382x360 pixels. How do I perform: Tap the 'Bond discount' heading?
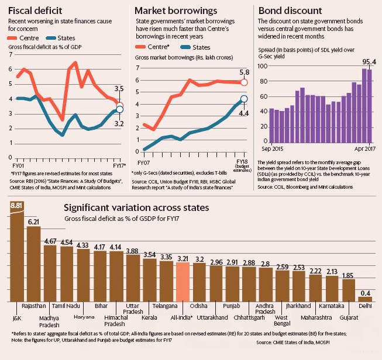pyautogui.click(x=290, y=11)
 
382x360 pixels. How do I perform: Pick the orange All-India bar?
pyautogui.click(x=183, y=280)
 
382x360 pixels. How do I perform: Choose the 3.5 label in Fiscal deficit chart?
pyautogui.click(x=119, y=89)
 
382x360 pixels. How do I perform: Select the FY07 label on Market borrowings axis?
pyautogui.click(x=143, y=161)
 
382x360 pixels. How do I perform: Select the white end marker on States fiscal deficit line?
pyautogui.click(x=119, y=109)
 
